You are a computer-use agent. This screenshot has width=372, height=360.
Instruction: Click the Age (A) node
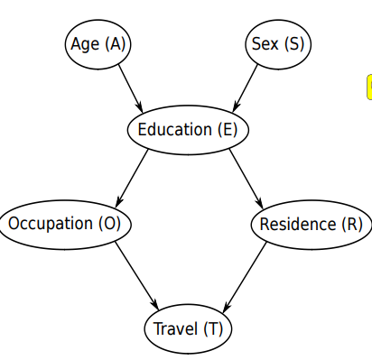[x=98, y=43]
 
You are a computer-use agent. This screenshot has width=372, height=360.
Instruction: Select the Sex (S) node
[x=275, y=43]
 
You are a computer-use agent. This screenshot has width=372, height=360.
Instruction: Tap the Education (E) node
[x=187, y=130]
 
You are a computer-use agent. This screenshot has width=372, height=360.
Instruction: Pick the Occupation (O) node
[x=66, y=223]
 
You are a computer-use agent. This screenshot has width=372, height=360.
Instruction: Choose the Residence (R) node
[x=310, y=224]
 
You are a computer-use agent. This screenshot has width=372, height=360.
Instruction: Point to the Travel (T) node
[x=188, y=328]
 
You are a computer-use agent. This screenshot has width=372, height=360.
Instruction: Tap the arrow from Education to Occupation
[x=134, y=176]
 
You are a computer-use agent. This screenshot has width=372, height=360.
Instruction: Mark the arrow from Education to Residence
[x=245, y=177]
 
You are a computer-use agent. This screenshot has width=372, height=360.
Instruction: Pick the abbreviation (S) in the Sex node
[x=291, y=43]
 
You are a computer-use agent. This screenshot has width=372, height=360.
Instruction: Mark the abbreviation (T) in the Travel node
[x=212, y=328]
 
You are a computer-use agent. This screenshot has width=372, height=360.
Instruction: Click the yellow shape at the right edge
[x=368, y=87]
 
